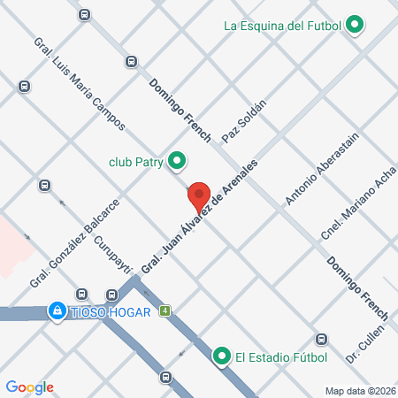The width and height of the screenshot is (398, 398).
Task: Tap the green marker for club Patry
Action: pos(177,161)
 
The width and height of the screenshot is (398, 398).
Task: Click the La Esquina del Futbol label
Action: pos(284,25)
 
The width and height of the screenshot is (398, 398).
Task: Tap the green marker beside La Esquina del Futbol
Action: pos(355,25)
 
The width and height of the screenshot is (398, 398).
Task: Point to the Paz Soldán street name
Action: pos(243,126)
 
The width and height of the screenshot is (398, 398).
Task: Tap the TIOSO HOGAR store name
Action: pos(107,311)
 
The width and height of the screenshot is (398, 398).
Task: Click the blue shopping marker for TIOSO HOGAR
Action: pos(57,311)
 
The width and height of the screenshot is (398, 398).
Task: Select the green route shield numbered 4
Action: pos(165,310)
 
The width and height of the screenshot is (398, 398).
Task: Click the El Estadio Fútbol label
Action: pos(281,358)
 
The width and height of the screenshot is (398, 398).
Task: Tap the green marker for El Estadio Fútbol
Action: pos(221,357)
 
